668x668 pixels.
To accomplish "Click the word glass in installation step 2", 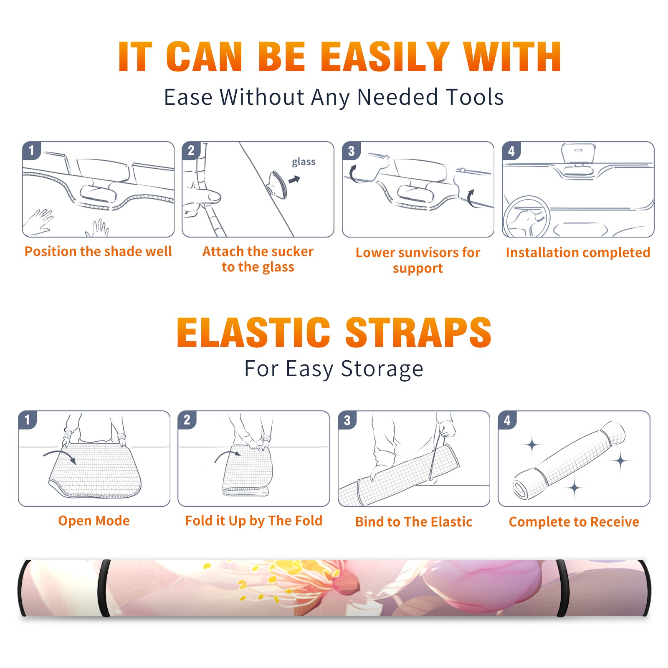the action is [304, 162].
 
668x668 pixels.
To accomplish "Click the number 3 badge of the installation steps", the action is [351, 151].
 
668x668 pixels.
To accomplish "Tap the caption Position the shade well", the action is [98, 251].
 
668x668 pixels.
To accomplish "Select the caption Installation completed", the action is [578, 253].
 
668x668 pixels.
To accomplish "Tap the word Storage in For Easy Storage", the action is [382, 369].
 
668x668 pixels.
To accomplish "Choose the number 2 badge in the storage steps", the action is [187, 420].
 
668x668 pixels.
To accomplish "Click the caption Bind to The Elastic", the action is [414, 522].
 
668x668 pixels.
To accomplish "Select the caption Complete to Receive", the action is [574, 522].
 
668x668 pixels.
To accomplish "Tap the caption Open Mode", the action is [94, 521].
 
